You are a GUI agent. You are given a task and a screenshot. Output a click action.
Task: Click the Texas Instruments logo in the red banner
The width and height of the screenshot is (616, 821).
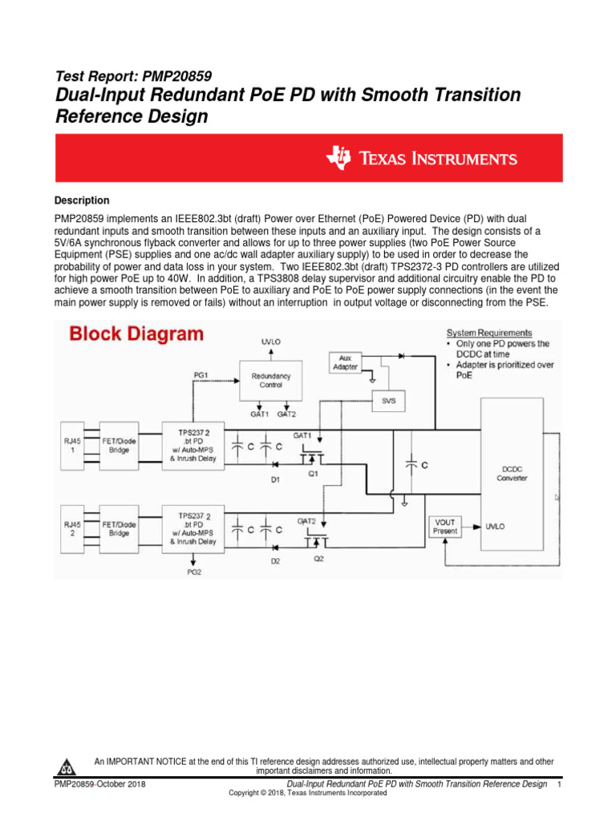(420, 159)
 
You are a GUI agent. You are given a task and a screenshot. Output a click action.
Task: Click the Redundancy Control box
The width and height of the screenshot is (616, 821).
(271, 379)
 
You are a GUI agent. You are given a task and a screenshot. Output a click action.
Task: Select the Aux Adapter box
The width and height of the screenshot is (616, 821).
(344, 362)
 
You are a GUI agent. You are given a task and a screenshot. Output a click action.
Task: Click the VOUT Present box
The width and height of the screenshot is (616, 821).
(445, 526)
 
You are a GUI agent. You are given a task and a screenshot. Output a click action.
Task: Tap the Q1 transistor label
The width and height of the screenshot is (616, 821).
(315, 473)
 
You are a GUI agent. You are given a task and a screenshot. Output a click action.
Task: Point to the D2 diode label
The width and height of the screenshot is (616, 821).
(275, 561)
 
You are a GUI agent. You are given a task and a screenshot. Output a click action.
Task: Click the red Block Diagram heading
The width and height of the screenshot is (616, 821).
(136, 334)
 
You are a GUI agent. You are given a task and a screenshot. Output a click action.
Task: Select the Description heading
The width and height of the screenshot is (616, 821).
(82, 200)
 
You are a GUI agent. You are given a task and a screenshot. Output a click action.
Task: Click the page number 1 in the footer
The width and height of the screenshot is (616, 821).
(558, 783)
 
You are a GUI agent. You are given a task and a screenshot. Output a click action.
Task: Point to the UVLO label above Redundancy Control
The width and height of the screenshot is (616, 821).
(271, 342)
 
